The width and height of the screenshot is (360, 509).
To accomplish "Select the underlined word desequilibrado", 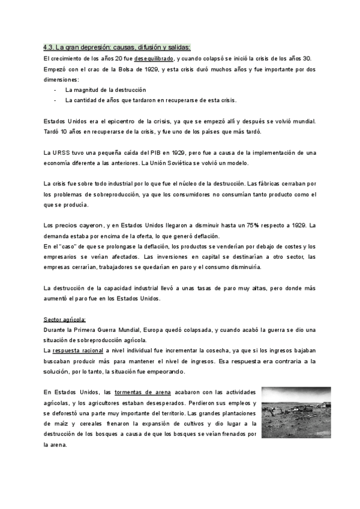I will tap(154, 58).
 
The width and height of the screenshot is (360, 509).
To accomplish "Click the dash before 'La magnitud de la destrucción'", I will tap(55, 89).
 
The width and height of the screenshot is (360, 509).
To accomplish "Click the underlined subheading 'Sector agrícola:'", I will tap(65, 319).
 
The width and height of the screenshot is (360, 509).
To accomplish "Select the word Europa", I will tap(155, 330).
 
